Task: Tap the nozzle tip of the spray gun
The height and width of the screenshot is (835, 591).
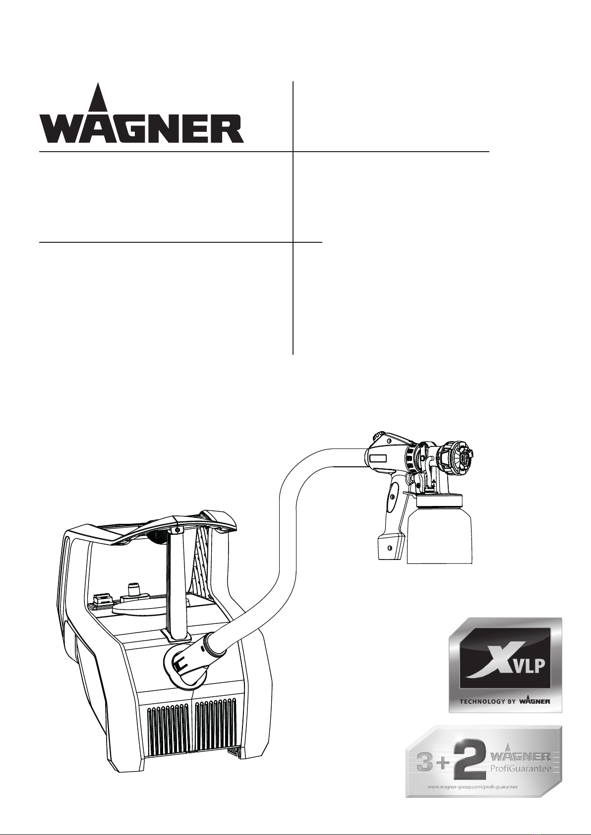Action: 469,455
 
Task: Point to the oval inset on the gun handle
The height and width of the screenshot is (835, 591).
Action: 392,497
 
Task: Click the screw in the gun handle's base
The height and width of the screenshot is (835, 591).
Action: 389,548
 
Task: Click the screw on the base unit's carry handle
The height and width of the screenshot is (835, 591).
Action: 178,530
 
